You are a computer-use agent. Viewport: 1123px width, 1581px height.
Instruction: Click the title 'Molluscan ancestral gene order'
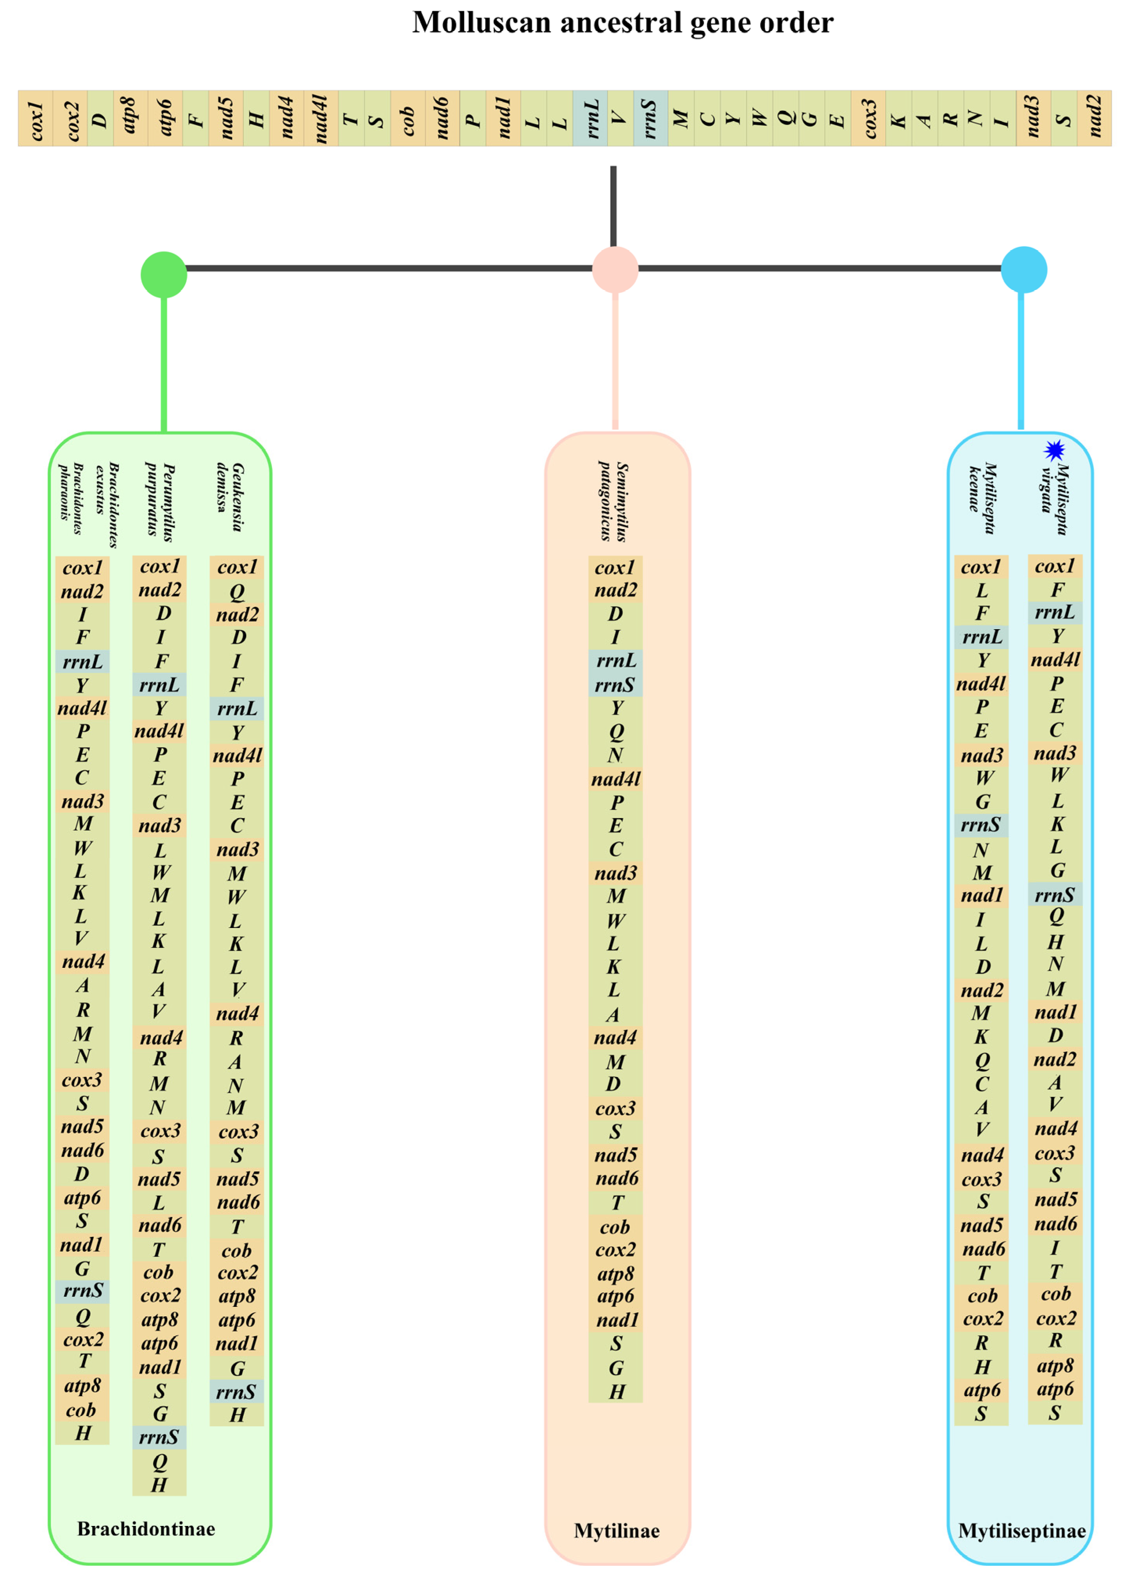tap(622, 23)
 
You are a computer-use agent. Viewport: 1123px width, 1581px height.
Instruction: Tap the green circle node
tap(164, 275)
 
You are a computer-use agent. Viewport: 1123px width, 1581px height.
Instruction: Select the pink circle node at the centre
tap(615, 269)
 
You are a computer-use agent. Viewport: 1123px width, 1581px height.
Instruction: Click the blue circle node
tap(1023, 269)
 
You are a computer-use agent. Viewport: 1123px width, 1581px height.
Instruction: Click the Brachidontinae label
tap(146, 1528)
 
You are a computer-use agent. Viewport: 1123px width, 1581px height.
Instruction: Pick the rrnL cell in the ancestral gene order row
tap(590, 118)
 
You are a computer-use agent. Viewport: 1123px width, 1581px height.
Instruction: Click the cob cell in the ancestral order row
tap(407, 118)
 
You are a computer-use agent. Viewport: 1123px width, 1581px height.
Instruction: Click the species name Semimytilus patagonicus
tap(613, 501)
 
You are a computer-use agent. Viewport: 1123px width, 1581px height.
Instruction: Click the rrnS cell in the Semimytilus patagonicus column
tap(615, 684)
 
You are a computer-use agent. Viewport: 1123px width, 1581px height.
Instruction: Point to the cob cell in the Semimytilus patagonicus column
tap(615, 1227)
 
